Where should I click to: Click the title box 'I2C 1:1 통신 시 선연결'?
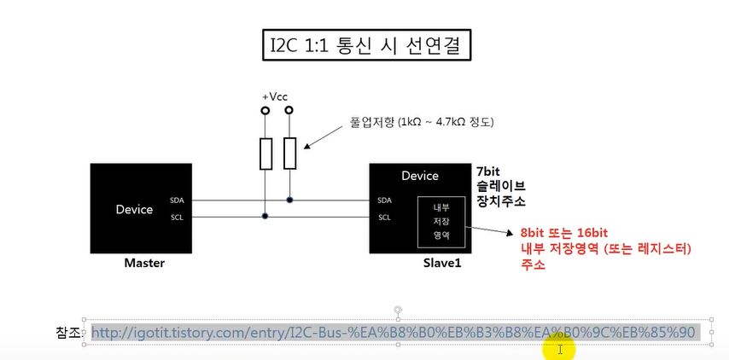(365, 46)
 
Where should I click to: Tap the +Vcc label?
(277, 96)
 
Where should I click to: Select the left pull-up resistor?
(265, 154)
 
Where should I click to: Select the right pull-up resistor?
(289, 154)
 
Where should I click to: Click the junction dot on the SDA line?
(289, 200)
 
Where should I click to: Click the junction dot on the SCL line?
(265, 217)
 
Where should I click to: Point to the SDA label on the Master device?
(177, 200)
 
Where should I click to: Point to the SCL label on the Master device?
(177, 217)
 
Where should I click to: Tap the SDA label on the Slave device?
(384, 200)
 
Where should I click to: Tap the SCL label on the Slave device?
(384, 217)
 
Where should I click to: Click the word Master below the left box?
(143, 263)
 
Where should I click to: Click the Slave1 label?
(441, 263)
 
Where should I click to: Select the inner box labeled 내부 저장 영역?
(440, 222)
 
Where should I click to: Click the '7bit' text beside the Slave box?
(487, 171)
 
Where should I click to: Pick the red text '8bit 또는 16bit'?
(563, 232)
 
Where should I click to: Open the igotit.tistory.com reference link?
(393, 332)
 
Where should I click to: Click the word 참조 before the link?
(67, 332)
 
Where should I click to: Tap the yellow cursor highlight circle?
(559, 349)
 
